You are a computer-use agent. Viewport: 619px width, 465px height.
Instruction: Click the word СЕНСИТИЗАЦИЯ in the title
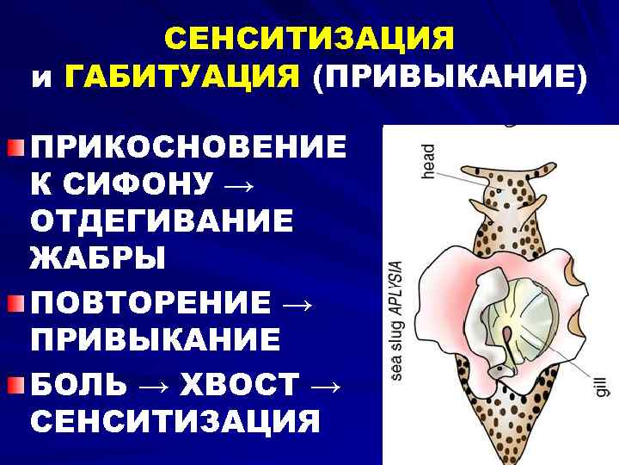(x=309, y=39)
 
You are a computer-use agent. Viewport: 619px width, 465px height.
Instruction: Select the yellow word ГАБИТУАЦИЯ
(x=181, y=78)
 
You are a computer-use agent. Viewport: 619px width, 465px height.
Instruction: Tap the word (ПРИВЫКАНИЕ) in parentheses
(x=450, y=78)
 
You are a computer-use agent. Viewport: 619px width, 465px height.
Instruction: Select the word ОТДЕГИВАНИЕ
(x=162, y=220)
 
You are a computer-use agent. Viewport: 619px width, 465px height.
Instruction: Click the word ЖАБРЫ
(x=97, y=257)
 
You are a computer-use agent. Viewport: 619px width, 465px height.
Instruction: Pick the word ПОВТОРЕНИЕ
(x=150, y=303)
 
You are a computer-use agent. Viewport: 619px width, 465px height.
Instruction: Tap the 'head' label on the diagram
(x=428, y=161)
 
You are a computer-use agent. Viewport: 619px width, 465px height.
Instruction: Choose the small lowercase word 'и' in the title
(x=42, y=80)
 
